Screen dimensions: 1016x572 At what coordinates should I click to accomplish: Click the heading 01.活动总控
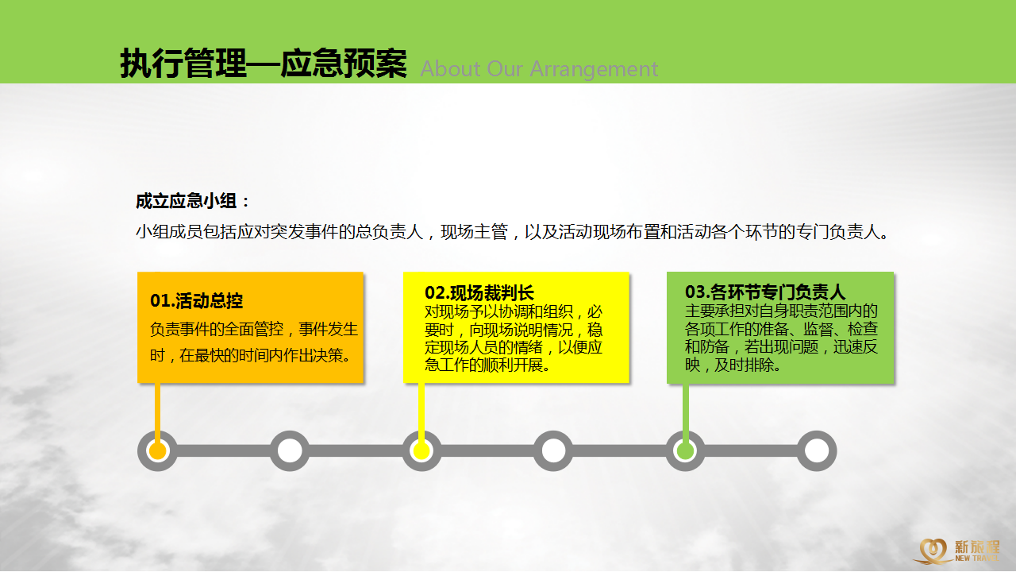(x=196, y=300)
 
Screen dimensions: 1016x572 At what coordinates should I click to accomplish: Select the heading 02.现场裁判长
(x=479, y=293)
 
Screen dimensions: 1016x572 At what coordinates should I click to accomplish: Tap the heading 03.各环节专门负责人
(x=765, y=292)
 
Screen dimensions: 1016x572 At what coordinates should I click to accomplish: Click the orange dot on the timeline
(x=157, y=450)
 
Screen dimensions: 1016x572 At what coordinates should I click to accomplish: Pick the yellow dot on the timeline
(x=421, y=450)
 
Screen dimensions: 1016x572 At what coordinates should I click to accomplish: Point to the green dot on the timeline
(x=685, y=450)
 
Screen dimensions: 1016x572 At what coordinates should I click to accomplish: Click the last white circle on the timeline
(x=817, y=450)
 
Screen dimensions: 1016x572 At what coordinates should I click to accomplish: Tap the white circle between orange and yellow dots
(x=290, y=450)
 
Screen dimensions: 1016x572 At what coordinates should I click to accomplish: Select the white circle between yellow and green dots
(x=553, y=450)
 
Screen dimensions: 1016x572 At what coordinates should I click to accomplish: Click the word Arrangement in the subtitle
(x=594, y=69)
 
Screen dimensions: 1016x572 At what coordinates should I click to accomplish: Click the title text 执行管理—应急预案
(x=264, y=63)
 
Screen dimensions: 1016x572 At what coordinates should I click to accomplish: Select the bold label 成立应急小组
(x=187, y=201)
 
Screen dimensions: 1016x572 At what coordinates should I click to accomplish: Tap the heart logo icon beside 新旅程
(x=933, y=551)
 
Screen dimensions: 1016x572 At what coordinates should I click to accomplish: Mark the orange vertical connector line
(x=157, y=412)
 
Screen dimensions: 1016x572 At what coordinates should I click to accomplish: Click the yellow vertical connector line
(x=421, y=412)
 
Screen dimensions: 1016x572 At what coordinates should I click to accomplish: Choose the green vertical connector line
(x=685, y=412)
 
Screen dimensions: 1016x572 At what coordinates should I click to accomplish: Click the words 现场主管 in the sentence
(x=474, y=232)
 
